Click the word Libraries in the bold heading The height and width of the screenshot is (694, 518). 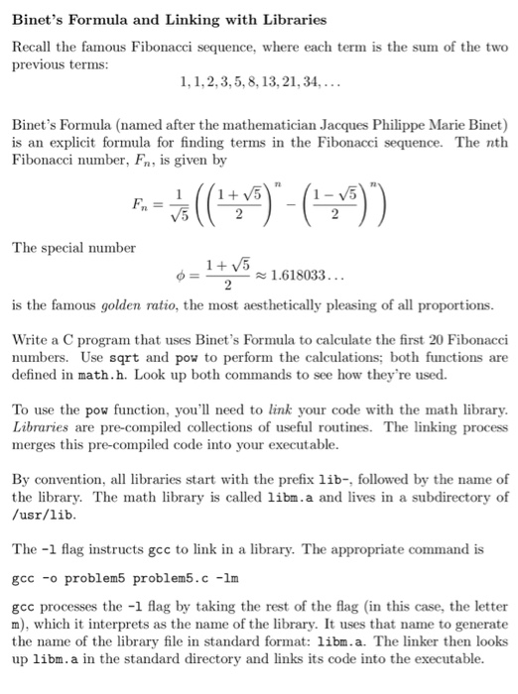[x=292, y=20]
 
